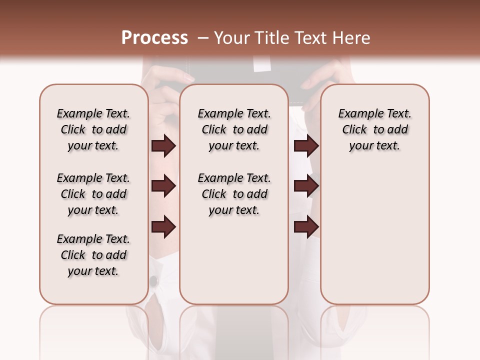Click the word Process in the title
click(x=154, y=38)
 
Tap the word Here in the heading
click(x=349, y=38)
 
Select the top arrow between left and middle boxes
click(x=163, y=146)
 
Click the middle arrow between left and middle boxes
click(x=163, y=186)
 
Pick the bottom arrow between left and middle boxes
click(x=163, y=227)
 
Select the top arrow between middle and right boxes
click(x=306, y=146)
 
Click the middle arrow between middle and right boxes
click(x=306, y=186)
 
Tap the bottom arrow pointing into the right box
click(x=306, y=227)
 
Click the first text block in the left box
click(x=93, y=129)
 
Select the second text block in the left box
click(x=93, y=194)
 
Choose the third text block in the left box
click(x=93, y=255)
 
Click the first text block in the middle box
click(x=234, y=129)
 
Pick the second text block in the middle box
click(x=234, y=194)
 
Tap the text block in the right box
click(x=374, y=129)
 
